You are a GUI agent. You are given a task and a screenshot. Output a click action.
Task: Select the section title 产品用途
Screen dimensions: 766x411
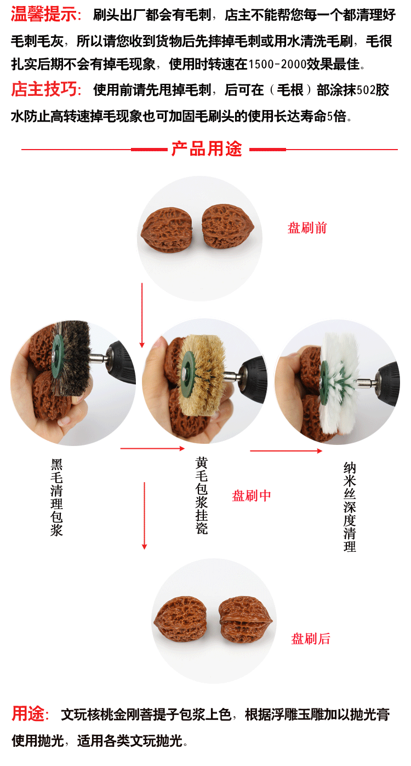(x=207, y=149)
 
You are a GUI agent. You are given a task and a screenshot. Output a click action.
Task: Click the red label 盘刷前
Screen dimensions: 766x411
(x=307, y=228)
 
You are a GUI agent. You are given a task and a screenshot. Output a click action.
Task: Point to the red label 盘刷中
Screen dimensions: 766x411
(x=252, y=496)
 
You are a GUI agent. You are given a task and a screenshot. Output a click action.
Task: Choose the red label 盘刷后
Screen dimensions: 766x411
(x=311, y=638)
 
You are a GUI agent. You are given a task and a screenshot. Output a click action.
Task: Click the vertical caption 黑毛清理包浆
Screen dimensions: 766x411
(x=57, y=497)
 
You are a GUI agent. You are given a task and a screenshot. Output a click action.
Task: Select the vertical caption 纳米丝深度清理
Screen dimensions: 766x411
(x=350, y=507)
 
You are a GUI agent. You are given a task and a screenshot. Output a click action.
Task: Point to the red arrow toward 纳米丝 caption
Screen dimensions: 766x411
(x=286, y=451)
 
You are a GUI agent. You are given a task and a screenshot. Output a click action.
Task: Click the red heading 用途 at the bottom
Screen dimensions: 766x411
(x=30, y=714)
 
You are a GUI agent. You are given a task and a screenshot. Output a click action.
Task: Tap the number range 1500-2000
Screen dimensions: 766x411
(x=277, y=65)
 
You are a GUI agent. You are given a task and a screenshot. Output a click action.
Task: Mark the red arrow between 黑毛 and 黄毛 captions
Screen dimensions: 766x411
(x=152, y=449)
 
